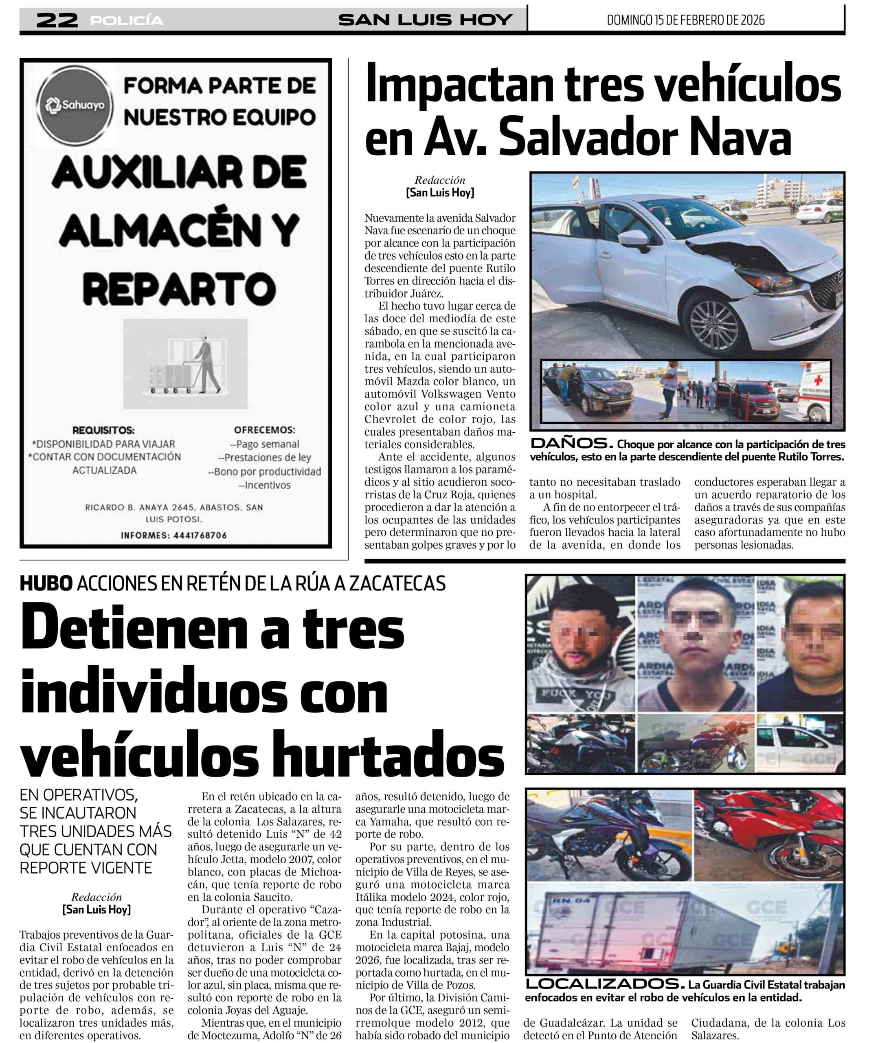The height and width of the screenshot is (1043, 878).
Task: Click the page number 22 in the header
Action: tap(57, 20)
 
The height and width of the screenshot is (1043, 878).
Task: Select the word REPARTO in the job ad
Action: tap(179, 288)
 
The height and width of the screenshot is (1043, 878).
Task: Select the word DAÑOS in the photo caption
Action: tap(571, 444)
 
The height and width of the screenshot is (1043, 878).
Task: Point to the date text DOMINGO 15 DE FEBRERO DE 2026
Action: tap(685, 20)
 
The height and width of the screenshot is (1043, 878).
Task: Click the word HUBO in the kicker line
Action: tap(46, 583)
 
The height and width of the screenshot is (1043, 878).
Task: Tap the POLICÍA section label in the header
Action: tap(127, 20)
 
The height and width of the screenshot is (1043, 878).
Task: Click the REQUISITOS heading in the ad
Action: tap(103, 430)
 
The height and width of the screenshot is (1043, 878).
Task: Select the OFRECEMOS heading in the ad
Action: tap(264, 430)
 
